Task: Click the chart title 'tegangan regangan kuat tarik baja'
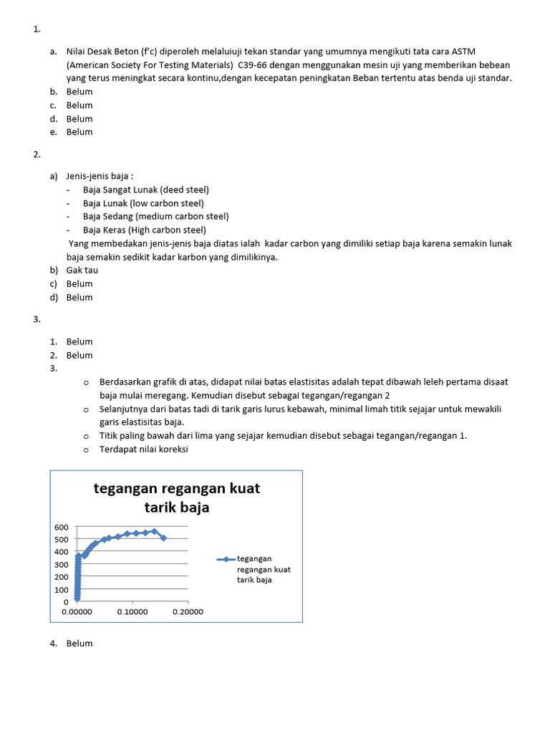click(177, 497)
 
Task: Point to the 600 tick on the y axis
click(61, 527)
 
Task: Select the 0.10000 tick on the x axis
click(132, 612)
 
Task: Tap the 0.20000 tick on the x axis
click(188, 612)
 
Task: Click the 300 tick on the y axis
click(61, 564)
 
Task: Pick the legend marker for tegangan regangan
click(225, 560)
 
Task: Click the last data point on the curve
click(163, 538)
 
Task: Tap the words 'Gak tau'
click(82, 271)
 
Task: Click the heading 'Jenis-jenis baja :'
click(100, 176)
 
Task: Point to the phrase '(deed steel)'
click(185, 190)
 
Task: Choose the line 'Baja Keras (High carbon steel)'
click(144, 230)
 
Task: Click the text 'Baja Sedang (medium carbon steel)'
click(155, 216)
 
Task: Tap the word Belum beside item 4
click(79, 644)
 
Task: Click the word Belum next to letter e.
click(79, 132)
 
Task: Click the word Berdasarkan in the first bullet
click(126, 382)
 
